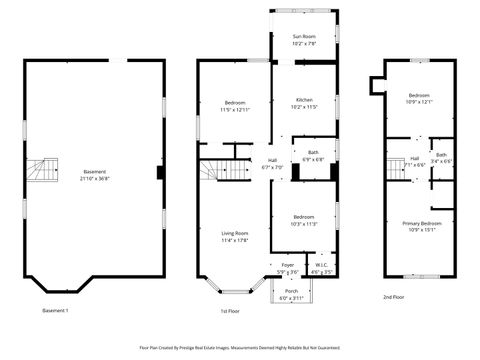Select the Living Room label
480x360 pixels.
click(234, 233)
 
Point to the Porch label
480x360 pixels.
click(291, 291)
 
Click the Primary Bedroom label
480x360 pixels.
click(421, 223)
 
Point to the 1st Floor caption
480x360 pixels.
click(229, 311)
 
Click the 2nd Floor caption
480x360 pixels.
click(394, 297)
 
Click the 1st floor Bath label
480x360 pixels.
click(313, 153)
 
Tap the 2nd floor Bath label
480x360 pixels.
click(441, 155)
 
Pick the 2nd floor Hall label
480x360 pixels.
click(414, 158)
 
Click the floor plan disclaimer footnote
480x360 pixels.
click(239, 348)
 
